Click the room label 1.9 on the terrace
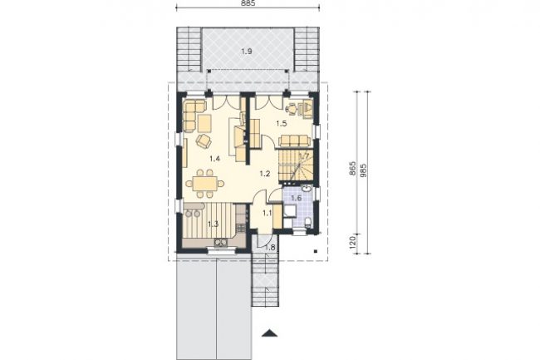point(247,52)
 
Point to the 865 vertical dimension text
point(352,169)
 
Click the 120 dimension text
point(352,243)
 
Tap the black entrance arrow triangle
point(270,333)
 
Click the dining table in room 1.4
point(204,184)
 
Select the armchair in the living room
point(204,141)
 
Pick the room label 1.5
point(282,124)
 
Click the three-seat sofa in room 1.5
point(294,141)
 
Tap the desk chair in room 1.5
point(291,109)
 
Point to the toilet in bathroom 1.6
point(308,222)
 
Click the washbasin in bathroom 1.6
point(307,189)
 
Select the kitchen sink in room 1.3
point(220,243)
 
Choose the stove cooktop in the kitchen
point(241,227)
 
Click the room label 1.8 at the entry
point(271,247)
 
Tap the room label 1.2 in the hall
point(264,174)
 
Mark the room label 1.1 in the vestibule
point(268,213)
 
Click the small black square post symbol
point(316,251)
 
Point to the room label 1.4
point(214,159)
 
